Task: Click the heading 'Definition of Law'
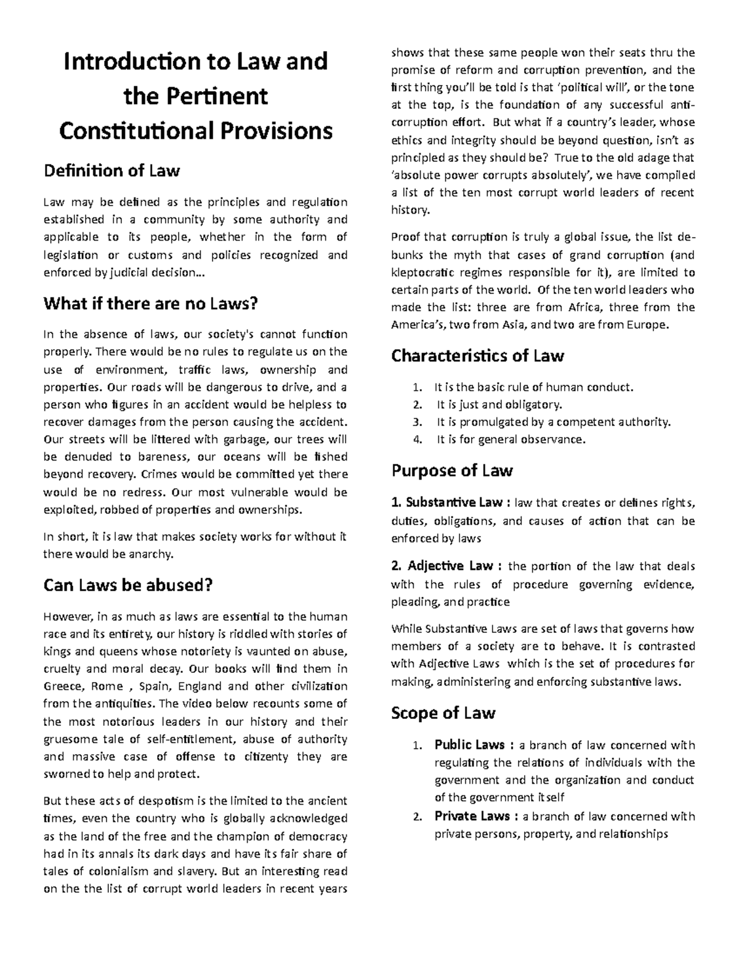111,171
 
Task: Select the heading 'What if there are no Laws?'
150,303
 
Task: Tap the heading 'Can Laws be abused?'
128,585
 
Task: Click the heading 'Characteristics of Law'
477,356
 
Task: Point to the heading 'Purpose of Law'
451,470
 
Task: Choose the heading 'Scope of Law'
443,713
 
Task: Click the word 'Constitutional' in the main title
135,131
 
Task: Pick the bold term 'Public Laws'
470,745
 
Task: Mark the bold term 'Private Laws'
472,816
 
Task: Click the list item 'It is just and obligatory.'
499,404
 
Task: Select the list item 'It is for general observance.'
511,440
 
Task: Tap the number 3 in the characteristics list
418,422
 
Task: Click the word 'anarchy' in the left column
149,554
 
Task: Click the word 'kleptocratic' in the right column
424,272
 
